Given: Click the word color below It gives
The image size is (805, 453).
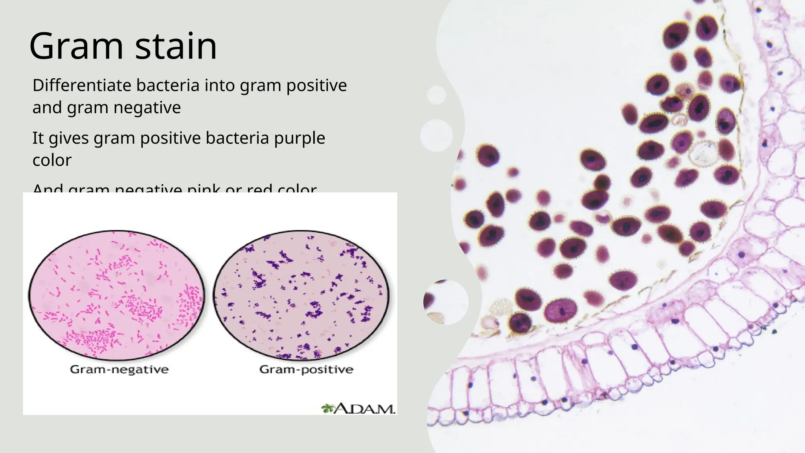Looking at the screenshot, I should (52, 160).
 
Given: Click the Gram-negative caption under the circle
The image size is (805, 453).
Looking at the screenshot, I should (119, 369).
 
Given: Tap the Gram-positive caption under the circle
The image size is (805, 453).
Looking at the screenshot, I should (306, 369).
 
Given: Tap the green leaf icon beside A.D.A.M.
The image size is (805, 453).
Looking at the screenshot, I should (327, 409).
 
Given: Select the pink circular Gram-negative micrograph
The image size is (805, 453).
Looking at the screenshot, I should (117, 295).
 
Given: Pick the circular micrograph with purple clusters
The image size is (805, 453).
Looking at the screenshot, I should (301, 295).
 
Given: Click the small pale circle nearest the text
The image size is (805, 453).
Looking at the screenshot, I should (436, 95).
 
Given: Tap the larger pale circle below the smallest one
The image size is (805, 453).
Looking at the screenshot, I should (436, 135).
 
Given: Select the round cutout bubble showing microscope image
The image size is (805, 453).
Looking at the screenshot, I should (445, 302).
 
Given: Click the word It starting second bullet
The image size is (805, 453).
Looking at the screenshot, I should (38, 138).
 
